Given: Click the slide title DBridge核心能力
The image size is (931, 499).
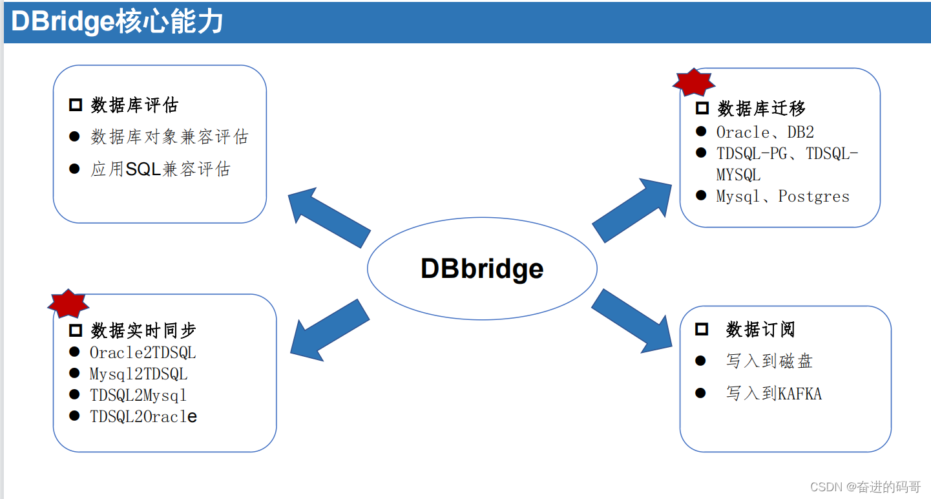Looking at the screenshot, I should pyautogui.click(x=118, y=22).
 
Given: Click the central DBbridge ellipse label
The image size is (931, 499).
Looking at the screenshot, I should pyautogui.click(x=482, y=268).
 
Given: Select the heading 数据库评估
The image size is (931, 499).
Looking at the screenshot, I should pyautogui.click(x=134, y=105).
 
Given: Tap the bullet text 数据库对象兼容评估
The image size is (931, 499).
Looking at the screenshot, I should pyautogui.click(x=169, y=137).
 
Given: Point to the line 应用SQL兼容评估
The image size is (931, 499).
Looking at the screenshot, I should pyautogui.click(x=160, y=169).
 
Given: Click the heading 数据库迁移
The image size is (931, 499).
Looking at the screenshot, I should pyautogui.click(x=761, y=109).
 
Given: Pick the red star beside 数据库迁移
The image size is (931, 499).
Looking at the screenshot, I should pyautogui.click(x=693, y=82).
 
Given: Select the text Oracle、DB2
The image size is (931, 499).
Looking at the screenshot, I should pyautogui.click(x=765, y=132).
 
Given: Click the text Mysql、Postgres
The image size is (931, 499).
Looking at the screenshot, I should pyautogui.click(x=782, y=196).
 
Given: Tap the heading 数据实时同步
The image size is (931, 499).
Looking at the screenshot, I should pyautogui.click(x=143, y=330).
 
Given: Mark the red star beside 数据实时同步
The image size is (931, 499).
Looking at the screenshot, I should pyautogui.click(x=68, y=303).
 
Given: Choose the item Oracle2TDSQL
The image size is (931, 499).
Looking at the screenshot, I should pyautogui.click(x=143, y=353).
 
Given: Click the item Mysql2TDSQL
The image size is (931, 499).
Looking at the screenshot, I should pyautogui.click(x=138, y=374).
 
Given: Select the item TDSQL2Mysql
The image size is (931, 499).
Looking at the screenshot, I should pyautogui.click(x=138, y=395).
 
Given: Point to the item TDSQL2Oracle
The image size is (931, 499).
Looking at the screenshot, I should pyautogui.click(x=143, y=417).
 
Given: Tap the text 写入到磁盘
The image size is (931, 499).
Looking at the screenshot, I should pyautogui.click(x=769, y=361).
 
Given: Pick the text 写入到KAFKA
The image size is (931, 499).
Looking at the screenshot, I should pyautogui.click(x=773, y=393).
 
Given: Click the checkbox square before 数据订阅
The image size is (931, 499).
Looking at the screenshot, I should pyautogui.click(x=701, y=330).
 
